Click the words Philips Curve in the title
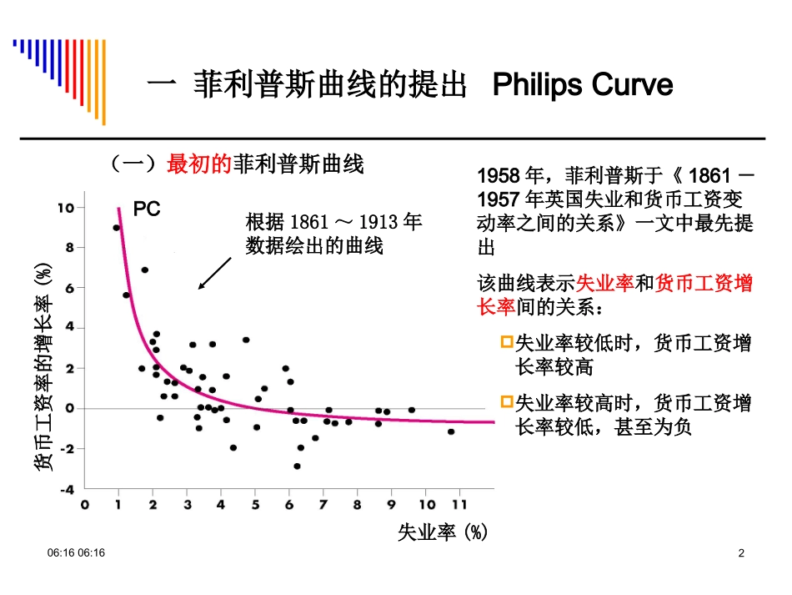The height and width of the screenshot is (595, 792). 583,85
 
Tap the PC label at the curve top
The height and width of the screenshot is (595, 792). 147,211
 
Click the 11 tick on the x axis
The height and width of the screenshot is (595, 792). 459,506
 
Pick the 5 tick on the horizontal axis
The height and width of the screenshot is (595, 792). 255,506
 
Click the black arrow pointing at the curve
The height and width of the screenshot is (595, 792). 215,274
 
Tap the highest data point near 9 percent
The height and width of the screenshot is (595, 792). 117,228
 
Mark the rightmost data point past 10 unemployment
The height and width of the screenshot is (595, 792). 451,431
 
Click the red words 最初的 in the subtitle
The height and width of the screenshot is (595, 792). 198,164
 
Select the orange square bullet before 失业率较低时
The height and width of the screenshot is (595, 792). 507,343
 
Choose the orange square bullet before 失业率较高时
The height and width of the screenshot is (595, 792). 507,403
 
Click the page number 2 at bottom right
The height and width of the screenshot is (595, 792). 742,554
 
